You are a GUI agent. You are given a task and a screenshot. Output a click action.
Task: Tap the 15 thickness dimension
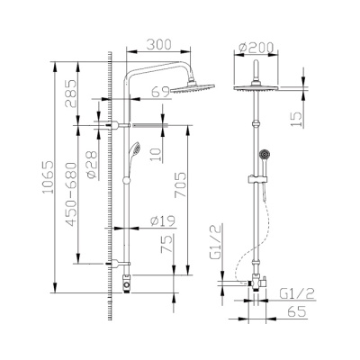click(296, 119)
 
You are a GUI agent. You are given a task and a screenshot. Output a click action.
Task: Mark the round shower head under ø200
click(257, 87)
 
